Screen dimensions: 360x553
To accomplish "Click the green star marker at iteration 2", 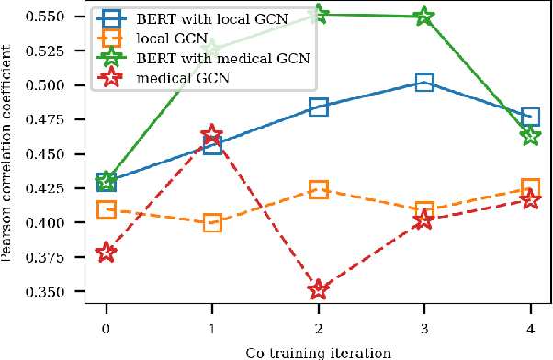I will tap(318, 14).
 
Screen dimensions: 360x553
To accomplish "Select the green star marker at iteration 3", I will tap(423, 16).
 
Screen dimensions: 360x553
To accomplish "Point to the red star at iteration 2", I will tap(318, 289).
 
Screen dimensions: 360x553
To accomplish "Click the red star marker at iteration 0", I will tap(107, 253).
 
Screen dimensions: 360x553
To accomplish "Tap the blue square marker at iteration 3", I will tap(423, 83).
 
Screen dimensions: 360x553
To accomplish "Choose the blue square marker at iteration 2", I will tap(318, 107).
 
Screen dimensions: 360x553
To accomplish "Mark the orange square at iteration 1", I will tap(212, 222).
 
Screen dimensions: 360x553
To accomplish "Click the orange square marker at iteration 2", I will tap(318, 189).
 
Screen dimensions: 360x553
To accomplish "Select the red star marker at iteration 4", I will tap(530, 199).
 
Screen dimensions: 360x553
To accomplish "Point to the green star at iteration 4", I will tap(530, 135).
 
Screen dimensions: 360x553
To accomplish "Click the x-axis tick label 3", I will tap(423, 328).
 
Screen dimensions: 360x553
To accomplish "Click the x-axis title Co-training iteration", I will tap(318, 352).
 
